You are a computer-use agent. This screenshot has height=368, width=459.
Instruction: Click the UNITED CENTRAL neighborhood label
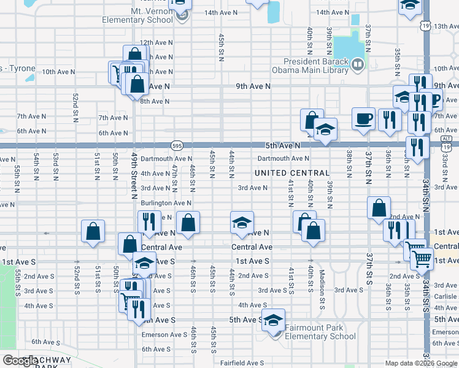292,173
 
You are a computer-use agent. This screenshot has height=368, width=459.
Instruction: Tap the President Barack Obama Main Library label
315,65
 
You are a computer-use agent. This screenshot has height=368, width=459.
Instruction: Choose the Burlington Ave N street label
166,202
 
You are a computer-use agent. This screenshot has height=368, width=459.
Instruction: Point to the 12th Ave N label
154,43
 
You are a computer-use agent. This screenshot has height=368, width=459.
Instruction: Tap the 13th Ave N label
445,26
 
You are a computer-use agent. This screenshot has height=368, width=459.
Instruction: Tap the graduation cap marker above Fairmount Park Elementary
274,320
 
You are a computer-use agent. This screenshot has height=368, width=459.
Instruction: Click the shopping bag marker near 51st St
93,231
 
